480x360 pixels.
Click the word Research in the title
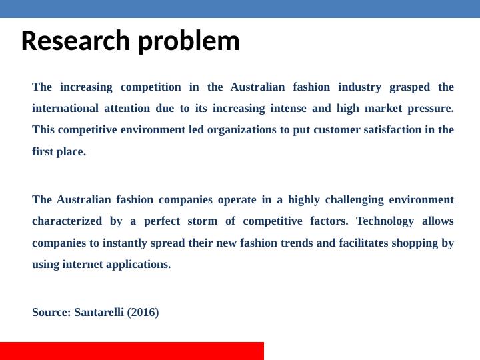[x=75, y=41]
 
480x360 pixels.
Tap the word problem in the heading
[x=189, y=41]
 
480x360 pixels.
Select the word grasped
[x=409, y=87]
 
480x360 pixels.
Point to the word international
[x=65, y=109]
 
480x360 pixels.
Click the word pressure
[x=431, y=109]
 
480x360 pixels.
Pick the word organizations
[x=242, y=130]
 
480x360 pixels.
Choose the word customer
[x=337, y=130]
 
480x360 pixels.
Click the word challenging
[x=354, y=200]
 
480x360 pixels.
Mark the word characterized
[x=67, y=221]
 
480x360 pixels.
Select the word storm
[x=203, y=221]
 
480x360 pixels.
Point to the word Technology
[x=385, y=221]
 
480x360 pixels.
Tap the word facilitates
[x=364, y=243]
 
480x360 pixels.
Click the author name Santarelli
[x=99, y=312]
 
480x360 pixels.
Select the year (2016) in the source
[x=143, y=313]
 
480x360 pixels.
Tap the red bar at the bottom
[x=132, y=351]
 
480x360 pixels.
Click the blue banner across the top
[x=240, y=9]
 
